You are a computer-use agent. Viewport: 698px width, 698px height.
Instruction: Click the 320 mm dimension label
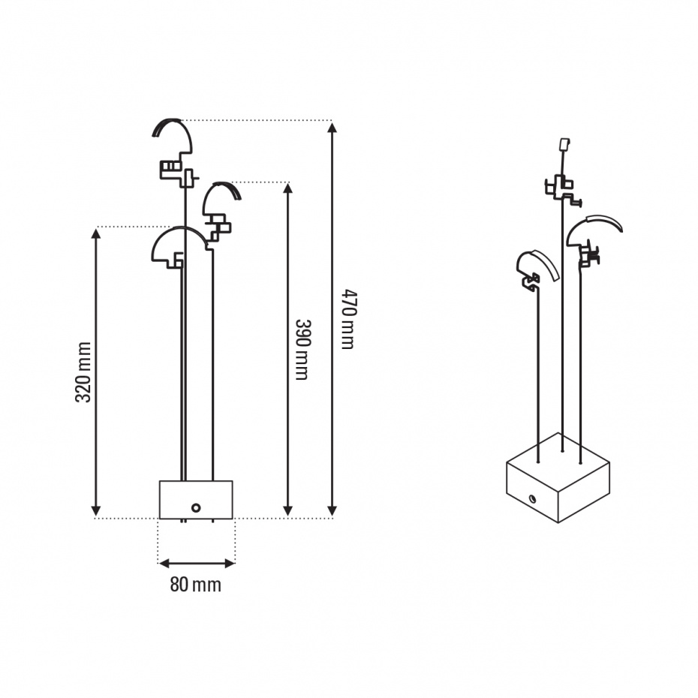pos(83,372)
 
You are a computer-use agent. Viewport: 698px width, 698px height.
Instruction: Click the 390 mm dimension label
pos(302,350)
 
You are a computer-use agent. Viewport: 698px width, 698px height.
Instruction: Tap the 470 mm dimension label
pos(349,319)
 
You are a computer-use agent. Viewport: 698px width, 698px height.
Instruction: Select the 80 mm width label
pos(195,585)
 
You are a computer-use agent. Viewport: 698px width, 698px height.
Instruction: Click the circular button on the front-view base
pos(196,507)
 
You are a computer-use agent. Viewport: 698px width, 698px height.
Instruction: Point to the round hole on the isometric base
pos(531,498)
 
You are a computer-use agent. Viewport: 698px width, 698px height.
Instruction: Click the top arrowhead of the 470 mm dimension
pos(332,128)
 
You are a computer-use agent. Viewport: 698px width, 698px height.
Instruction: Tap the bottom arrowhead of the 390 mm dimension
pos(288,510)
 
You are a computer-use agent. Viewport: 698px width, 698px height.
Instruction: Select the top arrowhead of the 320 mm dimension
pos(96,234)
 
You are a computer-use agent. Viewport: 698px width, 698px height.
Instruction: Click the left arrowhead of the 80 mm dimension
pos(164,564)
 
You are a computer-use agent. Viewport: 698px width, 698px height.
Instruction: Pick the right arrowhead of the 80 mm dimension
pos(230,564)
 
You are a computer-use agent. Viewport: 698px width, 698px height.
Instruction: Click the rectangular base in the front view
pos(196,499)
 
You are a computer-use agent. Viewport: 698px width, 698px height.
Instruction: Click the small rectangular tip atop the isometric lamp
pos(564,145)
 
